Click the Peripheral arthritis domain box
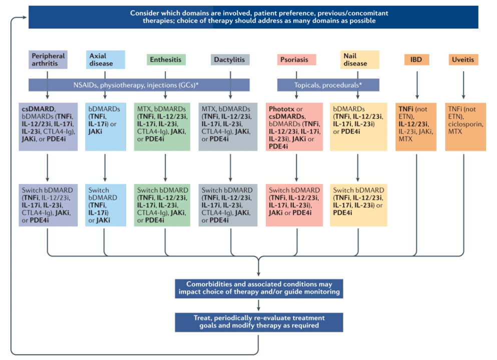[x=48, y=59]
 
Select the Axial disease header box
[x=105, y=59]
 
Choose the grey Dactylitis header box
[x=230, y=59]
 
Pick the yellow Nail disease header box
[x=357, y=59]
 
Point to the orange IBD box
[x=416, y=59]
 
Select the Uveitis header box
[x=463, y=59]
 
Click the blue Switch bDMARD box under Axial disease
[x=105, y=205]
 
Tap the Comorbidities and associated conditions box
[x=259, y=288]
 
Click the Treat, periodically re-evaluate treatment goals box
[x=259, y=321]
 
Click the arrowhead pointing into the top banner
[x=25, y=17]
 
